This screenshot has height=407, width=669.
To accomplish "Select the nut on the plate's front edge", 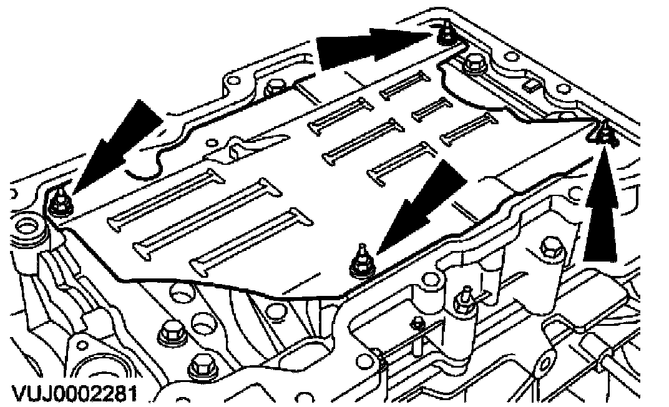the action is (x=359, y=262).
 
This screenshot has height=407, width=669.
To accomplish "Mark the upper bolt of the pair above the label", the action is (x=169, y=333).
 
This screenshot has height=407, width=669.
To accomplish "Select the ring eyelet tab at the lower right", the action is (x=542, y=361).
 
